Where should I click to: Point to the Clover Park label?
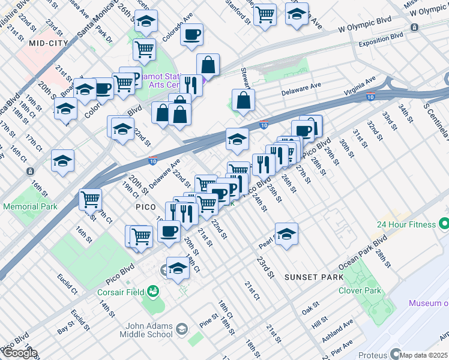click(364, 290)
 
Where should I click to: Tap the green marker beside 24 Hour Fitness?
click(444, 224)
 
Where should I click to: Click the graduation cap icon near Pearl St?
click(287, 235)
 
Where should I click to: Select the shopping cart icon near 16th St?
click(91, 198)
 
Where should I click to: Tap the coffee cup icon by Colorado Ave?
click(192, 35)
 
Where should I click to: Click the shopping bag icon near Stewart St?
click(243, 100)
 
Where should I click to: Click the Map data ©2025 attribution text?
click(423, 355)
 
